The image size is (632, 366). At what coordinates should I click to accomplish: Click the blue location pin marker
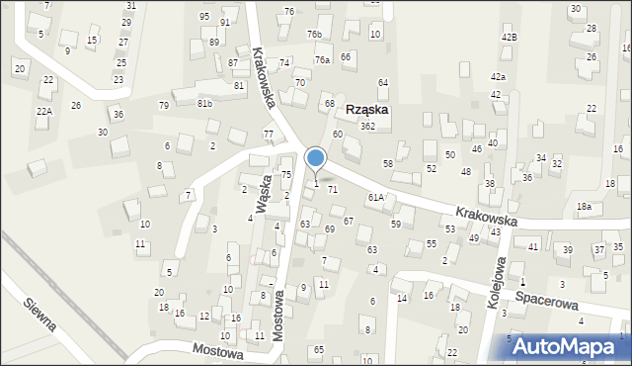pos(316,158)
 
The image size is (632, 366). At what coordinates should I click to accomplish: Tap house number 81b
pos(204,102)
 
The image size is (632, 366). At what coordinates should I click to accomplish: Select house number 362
pos(366,127)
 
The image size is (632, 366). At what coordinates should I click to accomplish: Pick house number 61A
pos(375,198)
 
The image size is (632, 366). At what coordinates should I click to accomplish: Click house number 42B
pos(509,37)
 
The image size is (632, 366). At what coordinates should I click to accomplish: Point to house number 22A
pos(43,111)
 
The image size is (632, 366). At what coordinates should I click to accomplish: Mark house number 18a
pos(585,206)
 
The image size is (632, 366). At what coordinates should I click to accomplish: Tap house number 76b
pos(314,35)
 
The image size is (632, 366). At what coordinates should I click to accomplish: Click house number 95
pos(203,17)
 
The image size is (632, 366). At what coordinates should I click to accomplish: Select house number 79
pos(163,105)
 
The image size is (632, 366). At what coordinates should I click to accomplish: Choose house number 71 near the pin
pos(333,188)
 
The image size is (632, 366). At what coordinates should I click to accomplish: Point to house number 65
pos(319,350)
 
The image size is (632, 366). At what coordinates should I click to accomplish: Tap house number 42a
pos(498,76)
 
